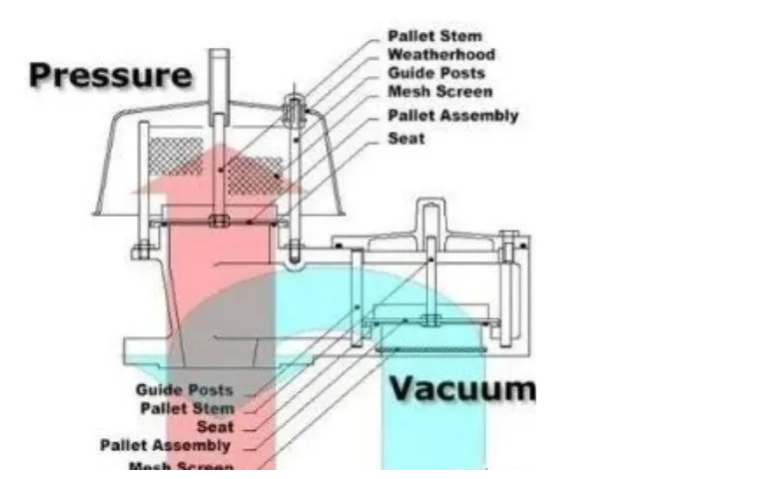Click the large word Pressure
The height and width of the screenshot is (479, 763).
coord(110,75)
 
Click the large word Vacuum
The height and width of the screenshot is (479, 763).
coord(461,387)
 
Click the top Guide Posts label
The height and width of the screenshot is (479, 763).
coord(436,73)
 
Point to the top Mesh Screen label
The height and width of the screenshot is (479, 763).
coord(438,92)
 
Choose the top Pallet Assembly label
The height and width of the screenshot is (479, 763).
coord(452,116)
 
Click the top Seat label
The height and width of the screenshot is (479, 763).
coord(406,138)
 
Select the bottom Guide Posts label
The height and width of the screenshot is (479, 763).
coord(185,389)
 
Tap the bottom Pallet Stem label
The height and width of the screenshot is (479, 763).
coord(188,408)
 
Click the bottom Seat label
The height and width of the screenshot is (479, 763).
coord(215,426)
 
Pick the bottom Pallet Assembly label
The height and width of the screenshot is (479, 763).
coord(165,445)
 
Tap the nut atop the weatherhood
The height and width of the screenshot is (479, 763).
coord(296,104)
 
